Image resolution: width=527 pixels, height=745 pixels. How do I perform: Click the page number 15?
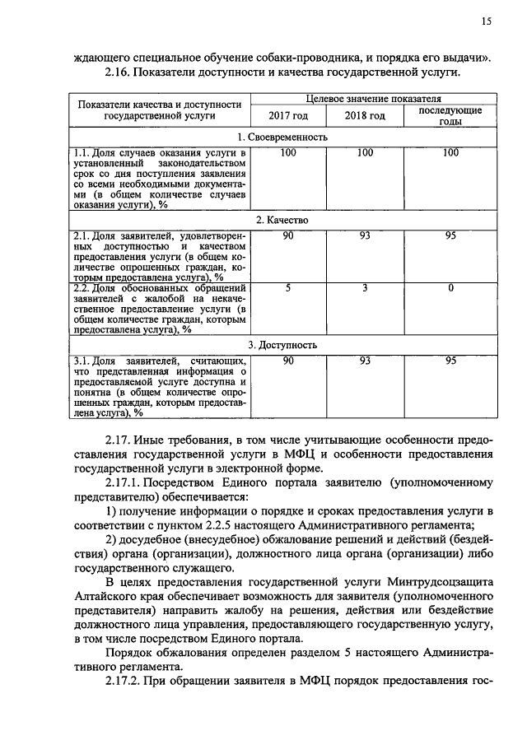487,22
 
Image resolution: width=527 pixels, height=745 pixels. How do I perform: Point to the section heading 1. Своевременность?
282,137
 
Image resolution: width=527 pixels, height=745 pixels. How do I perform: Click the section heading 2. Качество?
282,221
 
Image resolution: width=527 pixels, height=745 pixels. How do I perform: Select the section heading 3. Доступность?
282,345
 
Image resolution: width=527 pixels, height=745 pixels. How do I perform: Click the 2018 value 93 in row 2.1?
365,237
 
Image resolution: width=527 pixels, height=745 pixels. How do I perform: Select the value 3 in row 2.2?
365,287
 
